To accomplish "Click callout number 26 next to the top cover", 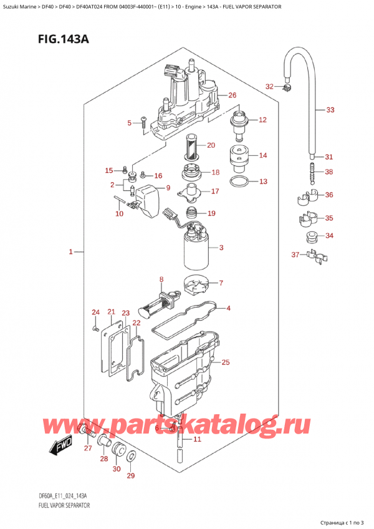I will pyautogui.click(x=233, y=95).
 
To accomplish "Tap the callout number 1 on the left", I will pyautogui.click(x=71, y=252).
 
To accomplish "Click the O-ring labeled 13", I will pyautogui.click(x=237, y=182).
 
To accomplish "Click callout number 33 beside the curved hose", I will pyautogui.click(x=330, y=110).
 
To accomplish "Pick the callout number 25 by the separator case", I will pyautogui.click(x=226, y=362).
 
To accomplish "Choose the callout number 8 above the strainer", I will pyautogui.click(x=161, y=279).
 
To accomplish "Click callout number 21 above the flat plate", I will pyautogui.click(x=111, y=312).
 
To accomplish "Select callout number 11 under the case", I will pyautogui.click(x=198, y=440).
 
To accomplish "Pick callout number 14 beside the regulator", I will pyautogui.click(x=262, y=155).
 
